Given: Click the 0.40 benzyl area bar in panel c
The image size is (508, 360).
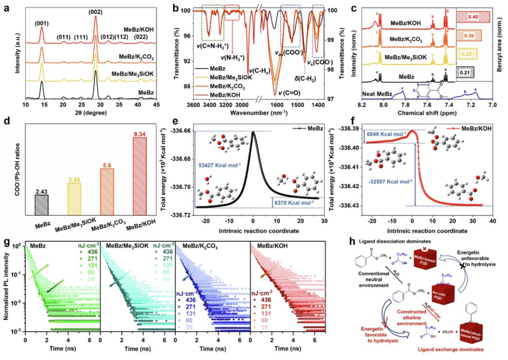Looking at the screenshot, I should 473,17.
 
